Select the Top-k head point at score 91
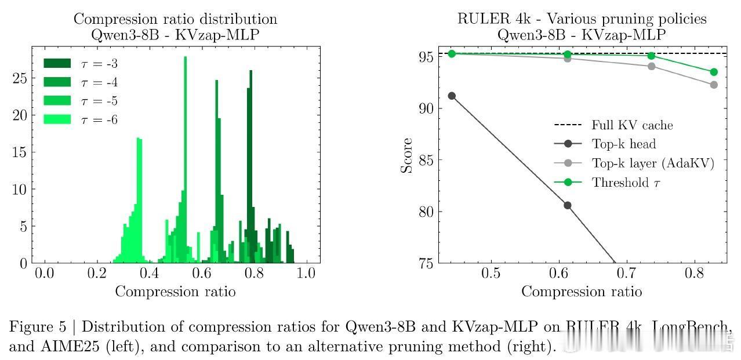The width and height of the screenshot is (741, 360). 452,96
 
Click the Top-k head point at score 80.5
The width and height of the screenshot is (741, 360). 568,205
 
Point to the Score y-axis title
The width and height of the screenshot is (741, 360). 407,155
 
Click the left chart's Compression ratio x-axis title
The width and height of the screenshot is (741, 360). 175,292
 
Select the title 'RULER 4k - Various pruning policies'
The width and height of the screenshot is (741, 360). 582,19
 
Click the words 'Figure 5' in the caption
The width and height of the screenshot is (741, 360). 36,327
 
